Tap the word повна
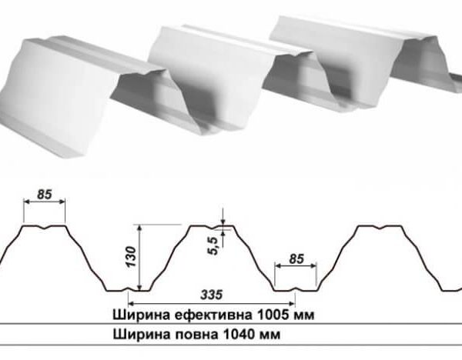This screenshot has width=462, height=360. (187, 335)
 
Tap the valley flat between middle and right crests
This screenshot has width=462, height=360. (296, 290)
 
